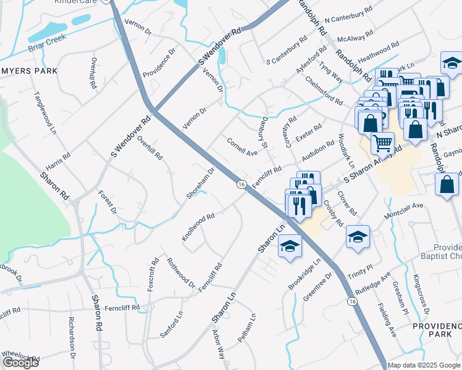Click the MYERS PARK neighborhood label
point(29,71)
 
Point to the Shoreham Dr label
point(201,183)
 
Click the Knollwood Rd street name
point(198,227)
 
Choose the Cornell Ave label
point(242,147)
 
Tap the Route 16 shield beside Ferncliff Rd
point(241,184)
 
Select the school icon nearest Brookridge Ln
point(290,247)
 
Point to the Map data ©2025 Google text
point(424,365)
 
